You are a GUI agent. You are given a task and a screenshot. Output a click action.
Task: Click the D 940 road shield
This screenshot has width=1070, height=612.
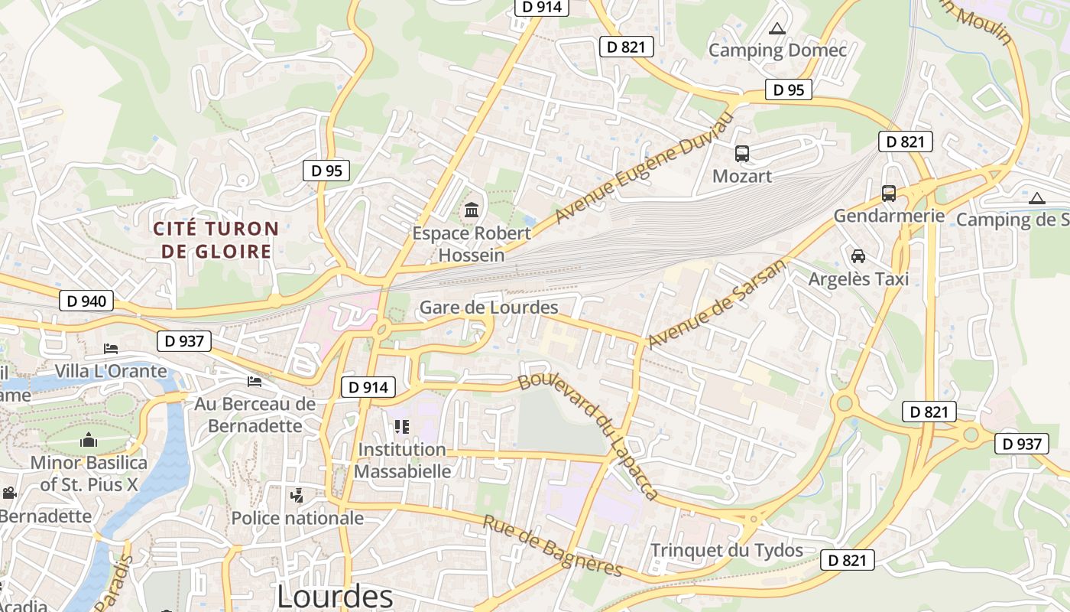(x=86, y=301)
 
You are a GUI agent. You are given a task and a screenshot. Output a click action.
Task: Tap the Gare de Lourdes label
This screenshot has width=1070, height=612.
(x=488, y=308)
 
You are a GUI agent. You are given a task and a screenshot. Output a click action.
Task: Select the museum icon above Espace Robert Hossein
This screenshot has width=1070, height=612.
(x=472, y=210)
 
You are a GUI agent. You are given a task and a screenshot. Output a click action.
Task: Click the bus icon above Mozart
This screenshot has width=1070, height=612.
(x=741, y=154)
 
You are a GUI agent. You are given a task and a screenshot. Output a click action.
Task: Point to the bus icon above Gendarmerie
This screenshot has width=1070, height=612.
(x=888, y=194)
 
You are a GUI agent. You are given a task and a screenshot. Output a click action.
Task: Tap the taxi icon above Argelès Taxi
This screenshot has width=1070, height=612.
(x=858, y=256)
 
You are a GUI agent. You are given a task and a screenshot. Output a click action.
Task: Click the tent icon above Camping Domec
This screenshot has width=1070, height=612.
(x=777, y=29)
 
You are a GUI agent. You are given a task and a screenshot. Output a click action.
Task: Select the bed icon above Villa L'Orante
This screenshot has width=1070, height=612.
(x=111, y=349)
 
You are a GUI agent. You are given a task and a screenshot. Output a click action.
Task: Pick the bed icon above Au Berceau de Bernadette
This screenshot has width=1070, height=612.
(x=255, y=381)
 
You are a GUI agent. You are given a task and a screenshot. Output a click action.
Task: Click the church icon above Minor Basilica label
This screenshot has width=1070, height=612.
(x=89, y=440)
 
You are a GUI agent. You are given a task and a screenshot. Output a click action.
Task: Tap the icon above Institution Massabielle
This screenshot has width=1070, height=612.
(x=402, y=426)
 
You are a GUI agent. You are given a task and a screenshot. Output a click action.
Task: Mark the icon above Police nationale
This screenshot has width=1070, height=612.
(x=297, y=496)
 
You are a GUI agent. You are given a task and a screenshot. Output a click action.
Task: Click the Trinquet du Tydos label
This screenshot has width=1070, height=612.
(x=726, y=550)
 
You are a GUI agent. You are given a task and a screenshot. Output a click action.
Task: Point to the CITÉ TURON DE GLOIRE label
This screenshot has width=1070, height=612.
(x=216, y=239)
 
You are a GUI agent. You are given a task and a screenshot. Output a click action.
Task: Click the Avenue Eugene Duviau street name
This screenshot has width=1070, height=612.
(x=644, y=168)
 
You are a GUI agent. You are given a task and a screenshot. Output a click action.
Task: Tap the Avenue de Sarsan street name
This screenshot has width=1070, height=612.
(x=716, y=304)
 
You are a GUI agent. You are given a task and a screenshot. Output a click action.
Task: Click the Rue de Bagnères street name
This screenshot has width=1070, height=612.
(x=553, y=545)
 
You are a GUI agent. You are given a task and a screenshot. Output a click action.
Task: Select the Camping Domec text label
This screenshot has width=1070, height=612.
(x=777, y=50)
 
